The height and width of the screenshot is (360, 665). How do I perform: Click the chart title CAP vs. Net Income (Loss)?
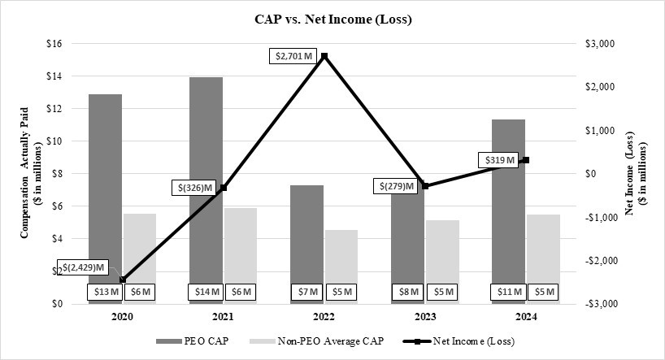[332, 20]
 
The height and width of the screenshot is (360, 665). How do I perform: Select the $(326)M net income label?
[197, 189]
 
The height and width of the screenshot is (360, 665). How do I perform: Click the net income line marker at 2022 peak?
[324, 56]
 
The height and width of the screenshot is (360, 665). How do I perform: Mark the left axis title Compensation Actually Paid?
[28, 173]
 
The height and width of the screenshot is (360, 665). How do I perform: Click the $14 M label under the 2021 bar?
[206, 292]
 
